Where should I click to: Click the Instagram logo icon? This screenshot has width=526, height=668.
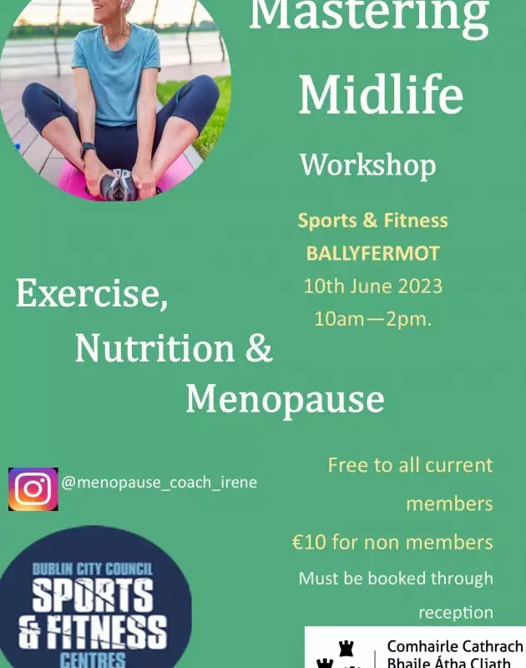click(x=33, y=489)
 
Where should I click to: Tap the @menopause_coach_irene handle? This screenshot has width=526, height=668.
click(x=159, y=483)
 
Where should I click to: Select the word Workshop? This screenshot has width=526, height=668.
click(x=368, y=165)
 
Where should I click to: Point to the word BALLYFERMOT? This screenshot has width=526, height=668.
click(x=372, y=254)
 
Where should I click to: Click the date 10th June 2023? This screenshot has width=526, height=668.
click(x=372, y=286)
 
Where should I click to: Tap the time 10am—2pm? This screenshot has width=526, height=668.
click(x=372, y=319)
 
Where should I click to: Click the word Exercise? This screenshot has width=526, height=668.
click(x=92, y=294)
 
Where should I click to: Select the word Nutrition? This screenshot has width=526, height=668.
click(x=154, y=348)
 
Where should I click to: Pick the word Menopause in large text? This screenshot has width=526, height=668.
click(x=285, y=399)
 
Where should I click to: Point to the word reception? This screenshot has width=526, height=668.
click(x=456, y=613)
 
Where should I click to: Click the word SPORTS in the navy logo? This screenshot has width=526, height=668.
click(x=93, y=595)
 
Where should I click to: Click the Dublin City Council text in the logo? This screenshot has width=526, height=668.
click(x=93, y=569)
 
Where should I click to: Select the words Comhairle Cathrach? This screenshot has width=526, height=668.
click(x=455, y=646)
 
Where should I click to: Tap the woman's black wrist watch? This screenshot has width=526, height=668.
click(x=88, y=149)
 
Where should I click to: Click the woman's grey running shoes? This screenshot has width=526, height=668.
click(x=120, y=184)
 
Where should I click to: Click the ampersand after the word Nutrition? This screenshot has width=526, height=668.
click(x=259, y=348)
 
